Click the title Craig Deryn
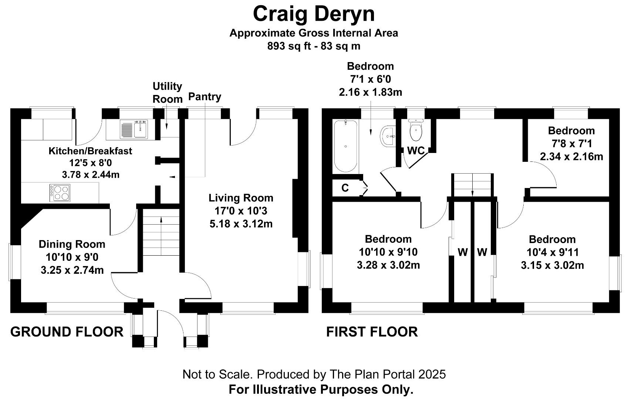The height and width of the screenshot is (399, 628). pos(314,14)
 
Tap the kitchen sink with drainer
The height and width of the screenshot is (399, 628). pos(134,129)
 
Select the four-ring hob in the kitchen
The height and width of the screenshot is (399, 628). pos(60,192)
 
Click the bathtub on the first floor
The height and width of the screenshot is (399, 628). pos(346,146)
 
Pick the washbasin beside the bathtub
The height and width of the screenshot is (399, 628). pos(388,136)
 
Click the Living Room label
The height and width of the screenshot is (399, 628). pos(241,198)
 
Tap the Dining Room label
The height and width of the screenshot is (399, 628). pos(72,244)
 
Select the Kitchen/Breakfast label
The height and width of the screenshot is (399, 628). pos(90,151)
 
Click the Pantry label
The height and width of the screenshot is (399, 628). pos(205,96)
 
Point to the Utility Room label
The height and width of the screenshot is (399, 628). pos(168,92)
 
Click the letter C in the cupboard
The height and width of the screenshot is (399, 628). pos(345,188)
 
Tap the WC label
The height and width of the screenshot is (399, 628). pos(416,151)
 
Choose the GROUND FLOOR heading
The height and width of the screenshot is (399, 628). pos(67,332)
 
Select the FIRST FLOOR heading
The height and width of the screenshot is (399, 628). pos(372,332)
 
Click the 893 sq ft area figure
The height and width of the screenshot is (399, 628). pos(289,46)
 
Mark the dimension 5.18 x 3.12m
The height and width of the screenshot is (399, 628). pos(241,224)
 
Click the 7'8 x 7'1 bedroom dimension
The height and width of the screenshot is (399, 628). pos(572,144)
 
